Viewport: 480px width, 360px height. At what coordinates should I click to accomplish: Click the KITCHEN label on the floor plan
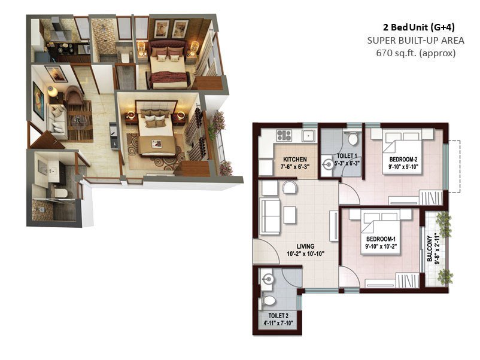coord(295,159)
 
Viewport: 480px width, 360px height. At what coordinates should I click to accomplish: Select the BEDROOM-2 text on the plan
coord(402,159)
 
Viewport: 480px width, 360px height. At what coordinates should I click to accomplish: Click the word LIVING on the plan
coord(306,246)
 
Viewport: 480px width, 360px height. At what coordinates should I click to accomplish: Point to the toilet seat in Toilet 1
coord(353,139)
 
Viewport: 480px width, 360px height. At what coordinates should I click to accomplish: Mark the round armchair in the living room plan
coord(289,188)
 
